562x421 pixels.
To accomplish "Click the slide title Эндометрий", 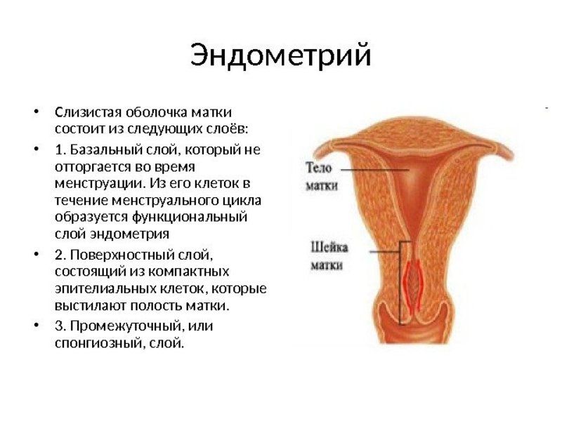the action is pos(280,55).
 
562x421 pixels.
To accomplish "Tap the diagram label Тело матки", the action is pos(321,177).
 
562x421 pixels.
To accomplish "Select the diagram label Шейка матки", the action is pos(329,256).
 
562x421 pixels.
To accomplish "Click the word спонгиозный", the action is pos(100,343).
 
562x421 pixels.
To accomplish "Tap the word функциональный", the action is pos(190,217).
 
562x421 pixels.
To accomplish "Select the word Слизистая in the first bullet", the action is pos(89,112).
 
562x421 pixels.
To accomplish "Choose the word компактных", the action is pos(189,272).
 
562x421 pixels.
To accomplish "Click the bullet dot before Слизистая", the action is pos(36,112).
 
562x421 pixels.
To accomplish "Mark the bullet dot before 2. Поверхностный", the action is pos(36,254).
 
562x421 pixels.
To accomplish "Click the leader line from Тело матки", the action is pos(374,169).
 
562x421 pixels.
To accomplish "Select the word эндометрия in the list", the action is pos(129,234).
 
